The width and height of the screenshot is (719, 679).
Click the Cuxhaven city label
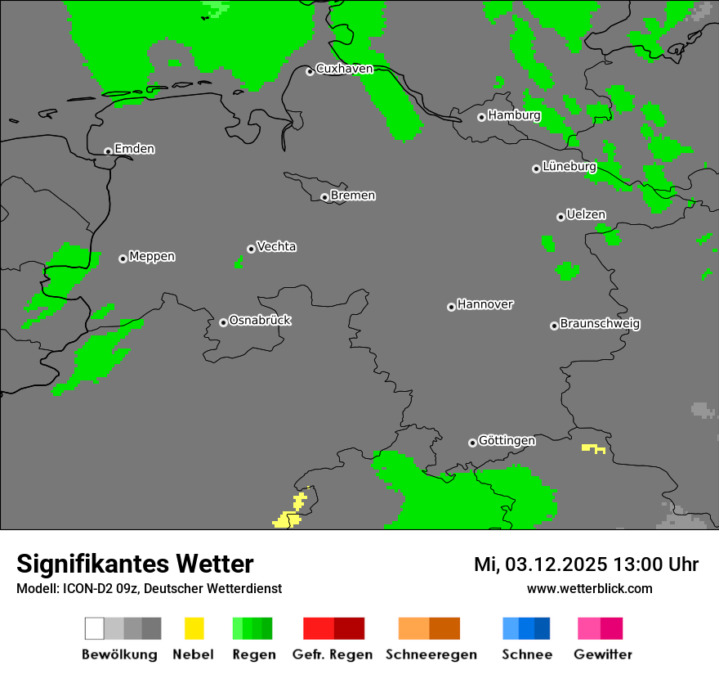click(344, 69)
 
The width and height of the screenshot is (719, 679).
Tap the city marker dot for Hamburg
click(482, 117)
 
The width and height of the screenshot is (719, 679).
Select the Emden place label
click(134, 149)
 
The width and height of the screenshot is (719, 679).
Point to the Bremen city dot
click(324, 197)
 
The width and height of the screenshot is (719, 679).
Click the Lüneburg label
click(569, 166)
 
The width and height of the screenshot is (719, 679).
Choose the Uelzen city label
click(586, 214)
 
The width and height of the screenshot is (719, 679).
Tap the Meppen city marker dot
click(123, 259)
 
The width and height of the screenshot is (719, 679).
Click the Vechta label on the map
click(276, 246)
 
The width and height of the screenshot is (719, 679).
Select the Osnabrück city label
click(260, 320)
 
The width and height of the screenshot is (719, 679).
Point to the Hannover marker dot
click(451, 307)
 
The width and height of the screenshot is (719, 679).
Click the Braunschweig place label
click(600, 323)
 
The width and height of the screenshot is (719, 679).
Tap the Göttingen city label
click(507, 440)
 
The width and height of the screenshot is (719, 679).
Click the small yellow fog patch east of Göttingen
click(592, 448)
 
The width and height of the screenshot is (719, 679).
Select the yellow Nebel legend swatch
click(194, 628)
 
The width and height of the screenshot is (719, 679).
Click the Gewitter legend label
click(603, 654)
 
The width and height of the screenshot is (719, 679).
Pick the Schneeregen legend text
click(431, 654)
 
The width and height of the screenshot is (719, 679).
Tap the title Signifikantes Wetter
click(135, 564)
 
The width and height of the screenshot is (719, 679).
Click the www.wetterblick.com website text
click(589, 588)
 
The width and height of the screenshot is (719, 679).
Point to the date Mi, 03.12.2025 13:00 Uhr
click(586, 564)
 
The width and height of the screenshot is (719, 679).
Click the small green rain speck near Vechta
click(239, 262)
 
